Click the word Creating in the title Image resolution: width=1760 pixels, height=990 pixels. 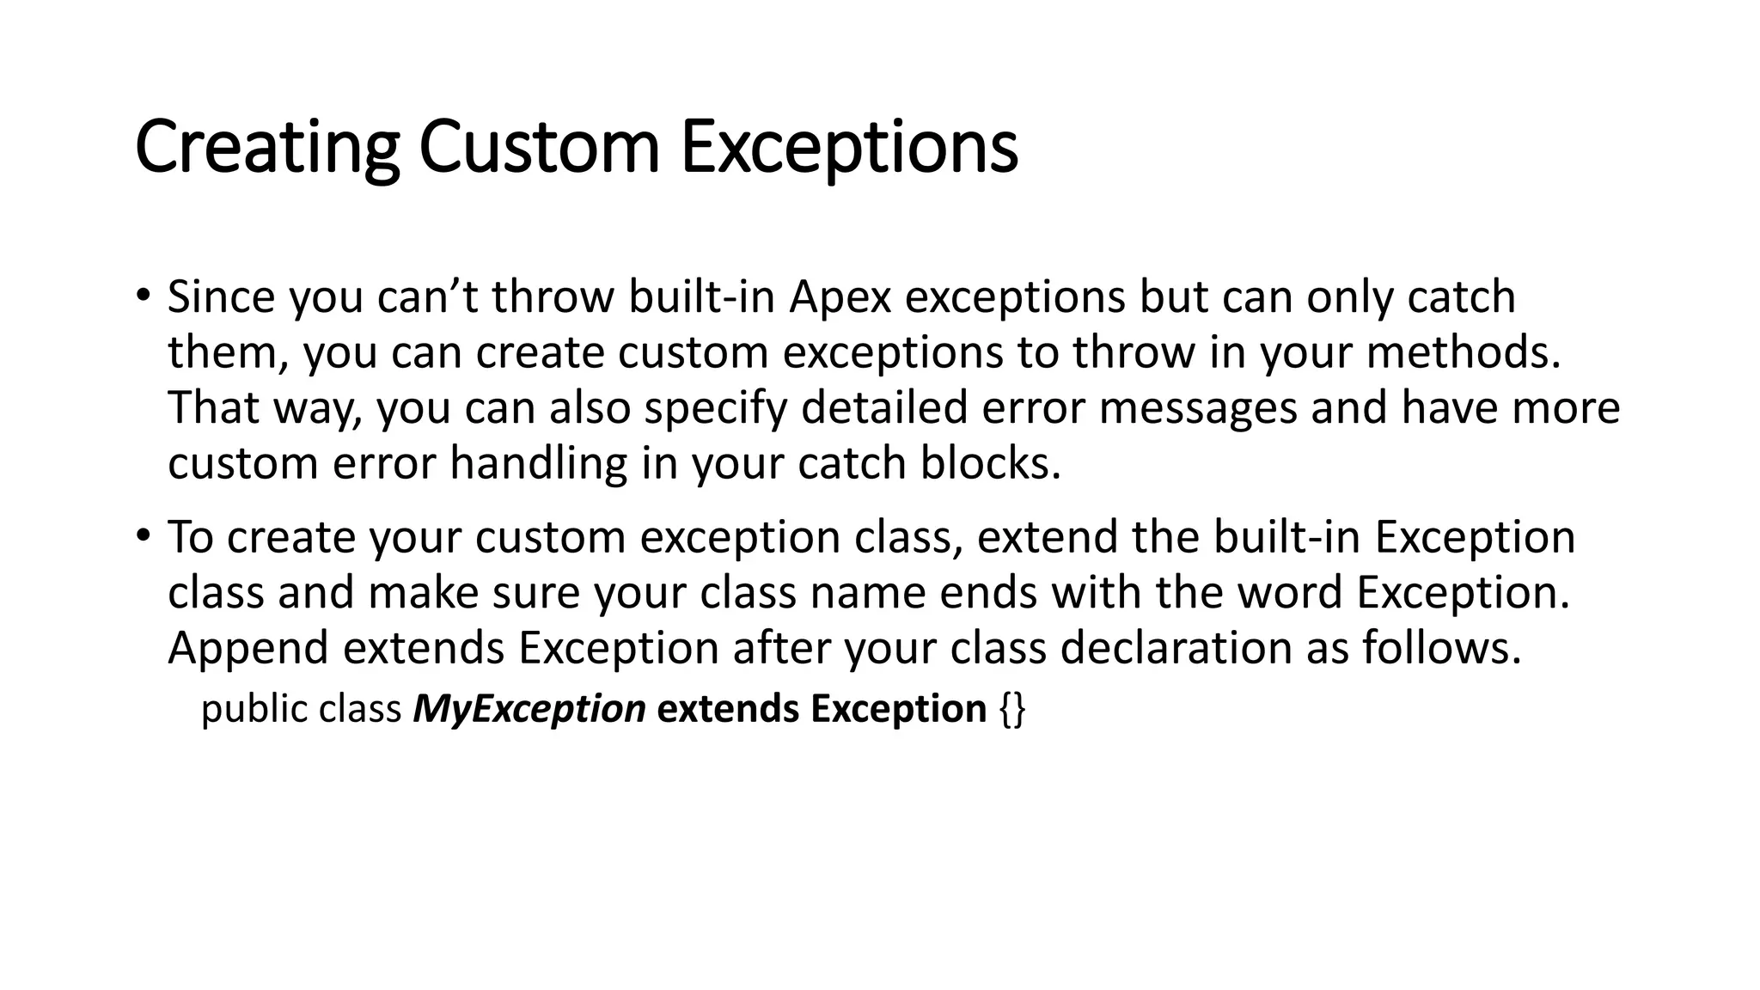266,147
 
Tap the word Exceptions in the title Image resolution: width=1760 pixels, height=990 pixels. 849,147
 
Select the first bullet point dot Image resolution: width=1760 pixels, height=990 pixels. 143,295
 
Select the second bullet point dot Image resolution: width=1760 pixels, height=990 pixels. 143,535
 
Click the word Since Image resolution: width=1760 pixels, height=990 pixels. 221,297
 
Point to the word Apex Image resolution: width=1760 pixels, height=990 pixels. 840,297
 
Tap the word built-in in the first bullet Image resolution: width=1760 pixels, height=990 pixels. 701,297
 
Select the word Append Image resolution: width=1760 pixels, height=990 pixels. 247,648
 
